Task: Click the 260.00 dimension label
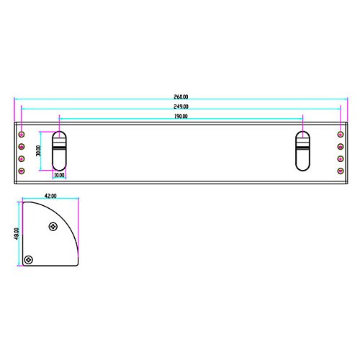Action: (x=181, y=97)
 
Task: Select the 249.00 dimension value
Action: (x=181, y=107)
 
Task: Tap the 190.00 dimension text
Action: (x=181, y=117)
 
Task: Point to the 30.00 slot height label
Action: (x=38, y=150)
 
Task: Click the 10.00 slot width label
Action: (x=59, y=175)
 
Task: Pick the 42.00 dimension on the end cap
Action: (x=50, y=196)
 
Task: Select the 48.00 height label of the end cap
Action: (x=17, y=234)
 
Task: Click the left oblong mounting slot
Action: (x=59, y=151)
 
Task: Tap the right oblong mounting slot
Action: (x=302, y=151)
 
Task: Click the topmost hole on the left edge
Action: (x=22, y=134)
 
